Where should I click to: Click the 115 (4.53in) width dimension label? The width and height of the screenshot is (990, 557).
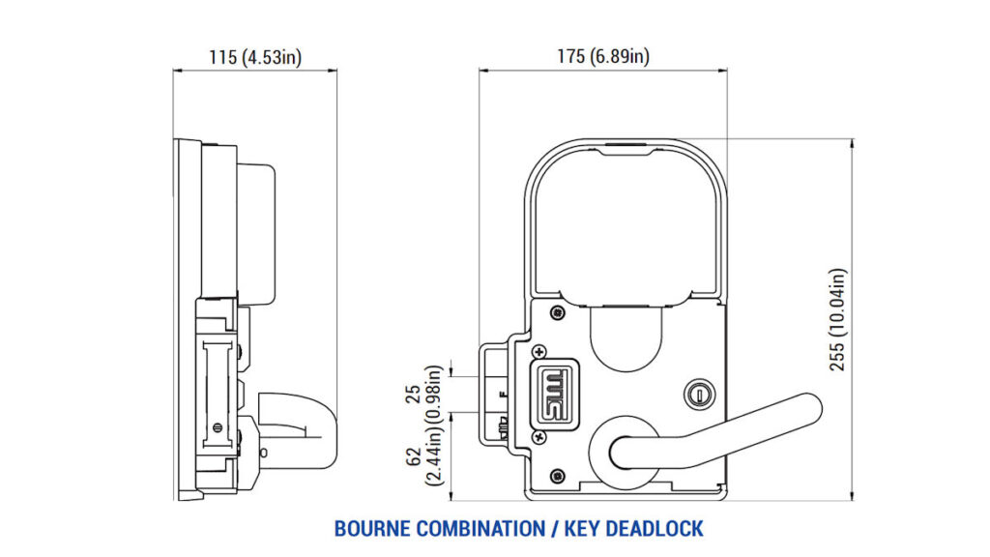255,57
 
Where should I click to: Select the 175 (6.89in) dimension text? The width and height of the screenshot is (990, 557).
603,56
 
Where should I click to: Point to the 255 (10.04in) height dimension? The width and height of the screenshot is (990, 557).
837,319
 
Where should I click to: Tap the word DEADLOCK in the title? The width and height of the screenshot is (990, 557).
655,529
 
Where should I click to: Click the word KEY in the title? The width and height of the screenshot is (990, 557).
581,529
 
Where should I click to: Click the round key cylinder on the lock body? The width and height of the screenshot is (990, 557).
699,395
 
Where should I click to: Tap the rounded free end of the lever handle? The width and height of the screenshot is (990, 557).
809,409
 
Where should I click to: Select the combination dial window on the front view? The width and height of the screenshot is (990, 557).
557,395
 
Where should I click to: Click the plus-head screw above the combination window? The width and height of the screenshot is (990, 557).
539,352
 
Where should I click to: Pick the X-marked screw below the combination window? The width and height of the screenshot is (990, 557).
539,436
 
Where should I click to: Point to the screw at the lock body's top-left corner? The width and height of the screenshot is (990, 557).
558,312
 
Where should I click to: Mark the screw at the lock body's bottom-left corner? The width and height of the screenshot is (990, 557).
558,476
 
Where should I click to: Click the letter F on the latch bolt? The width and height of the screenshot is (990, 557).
503,395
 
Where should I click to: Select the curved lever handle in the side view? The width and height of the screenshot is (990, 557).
297,430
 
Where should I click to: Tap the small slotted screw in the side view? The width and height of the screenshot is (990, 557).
218,426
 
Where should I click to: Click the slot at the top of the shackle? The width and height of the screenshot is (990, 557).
626,145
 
